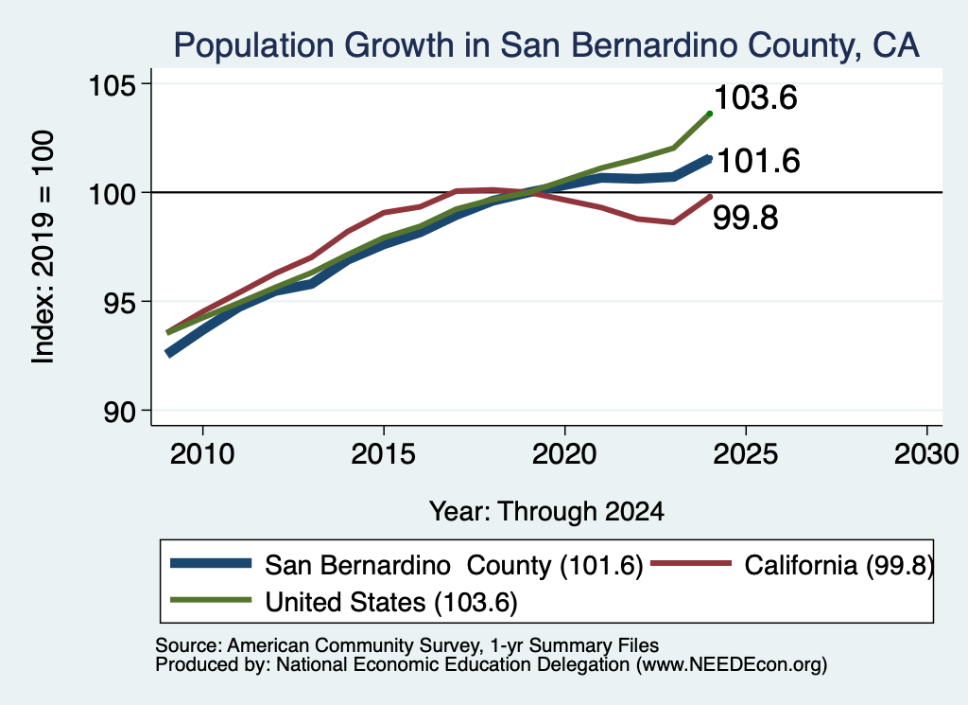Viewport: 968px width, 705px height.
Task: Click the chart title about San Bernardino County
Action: (546, 45)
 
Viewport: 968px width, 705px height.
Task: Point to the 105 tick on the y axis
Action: (112, 84)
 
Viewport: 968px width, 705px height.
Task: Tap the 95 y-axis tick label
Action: (120, 303)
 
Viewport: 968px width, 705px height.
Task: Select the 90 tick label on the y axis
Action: (120, 412)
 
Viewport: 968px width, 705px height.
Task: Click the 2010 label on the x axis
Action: (202, 455)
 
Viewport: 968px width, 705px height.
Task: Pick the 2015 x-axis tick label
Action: (384, 455)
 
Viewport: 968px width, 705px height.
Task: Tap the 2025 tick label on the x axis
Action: (746, 455)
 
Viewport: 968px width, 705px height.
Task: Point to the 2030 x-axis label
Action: (926, 455)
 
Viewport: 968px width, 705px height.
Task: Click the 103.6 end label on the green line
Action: (755, 97)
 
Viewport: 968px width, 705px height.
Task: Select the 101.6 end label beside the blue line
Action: (759, 161)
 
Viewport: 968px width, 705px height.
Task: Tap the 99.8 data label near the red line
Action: (746, 218)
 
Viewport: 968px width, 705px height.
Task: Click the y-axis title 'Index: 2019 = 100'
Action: (43, 247)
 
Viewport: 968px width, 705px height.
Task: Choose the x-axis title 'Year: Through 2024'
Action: (546, 512)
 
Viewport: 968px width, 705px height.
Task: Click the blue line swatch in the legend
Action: (211, 563)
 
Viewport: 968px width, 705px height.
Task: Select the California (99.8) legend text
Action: (839, 565)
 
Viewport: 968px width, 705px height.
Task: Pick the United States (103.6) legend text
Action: (391, 602)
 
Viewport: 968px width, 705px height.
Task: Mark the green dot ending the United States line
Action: (710, 114)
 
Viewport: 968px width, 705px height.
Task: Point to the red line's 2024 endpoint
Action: (710, 197)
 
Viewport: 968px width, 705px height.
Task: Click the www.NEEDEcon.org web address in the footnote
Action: (732, 664)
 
